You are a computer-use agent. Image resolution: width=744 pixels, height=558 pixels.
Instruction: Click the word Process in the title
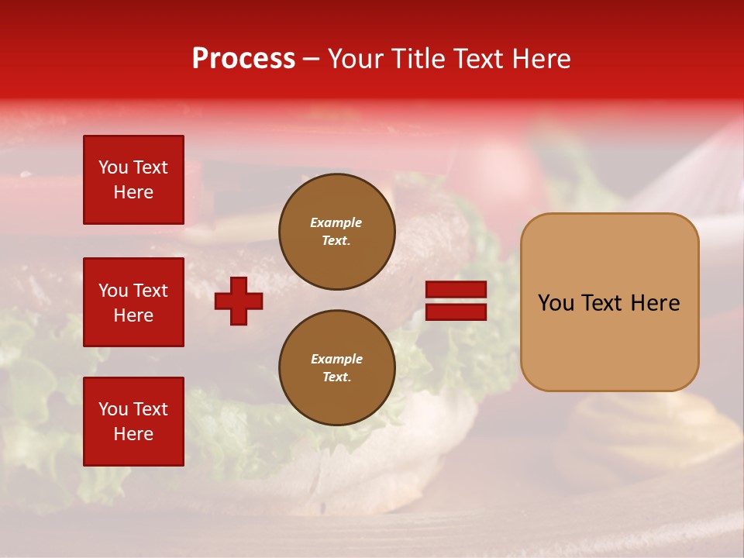tap(243, 58)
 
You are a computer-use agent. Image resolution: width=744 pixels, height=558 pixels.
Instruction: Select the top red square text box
tap(133, 180)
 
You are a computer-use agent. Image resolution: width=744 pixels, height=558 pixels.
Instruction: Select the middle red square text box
tap(133, 302)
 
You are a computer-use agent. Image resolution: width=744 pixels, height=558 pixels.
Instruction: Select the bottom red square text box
tap(133, 421)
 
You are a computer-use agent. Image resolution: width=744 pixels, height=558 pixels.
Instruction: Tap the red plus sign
tap(239, 301)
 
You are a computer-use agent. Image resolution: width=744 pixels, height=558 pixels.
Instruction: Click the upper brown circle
tap(336, 231)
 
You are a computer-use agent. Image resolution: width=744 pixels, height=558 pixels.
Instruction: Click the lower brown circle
tap(336, 367)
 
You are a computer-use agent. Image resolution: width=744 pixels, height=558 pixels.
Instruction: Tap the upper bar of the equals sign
tap(456, 290)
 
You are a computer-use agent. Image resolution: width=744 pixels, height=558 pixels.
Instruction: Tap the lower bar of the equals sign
tap(456, 312)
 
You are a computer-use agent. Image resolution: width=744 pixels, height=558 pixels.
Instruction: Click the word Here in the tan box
tap(655, 303)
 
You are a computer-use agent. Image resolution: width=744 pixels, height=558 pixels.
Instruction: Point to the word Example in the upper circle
tap(336, 222)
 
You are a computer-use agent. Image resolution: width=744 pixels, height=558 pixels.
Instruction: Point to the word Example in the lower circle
tap(336, 359)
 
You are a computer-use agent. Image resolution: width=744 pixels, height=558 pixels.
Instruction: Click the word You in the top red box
tap(112, 167)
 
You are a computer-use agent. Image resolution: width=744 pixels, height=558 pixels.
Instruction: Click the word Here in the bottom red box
tap(133, 434)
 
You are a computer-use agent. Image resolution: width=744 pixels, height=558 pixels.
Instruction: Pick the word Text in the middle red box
tap(150, 291)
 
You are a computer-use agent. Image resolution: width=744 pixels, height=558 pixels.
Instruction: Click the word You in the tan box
tap(556, 303)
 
